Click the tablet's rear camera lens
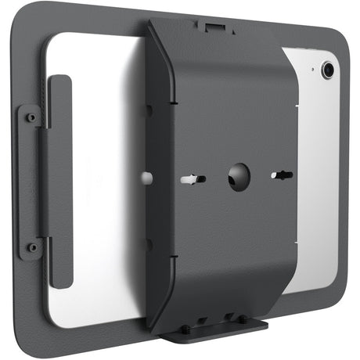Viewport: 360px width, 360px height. (328, 70)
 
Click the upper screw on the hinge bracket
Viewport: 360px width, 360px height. (31, 118)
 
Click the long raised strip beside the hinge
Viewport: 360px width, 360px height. (61, 182)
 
